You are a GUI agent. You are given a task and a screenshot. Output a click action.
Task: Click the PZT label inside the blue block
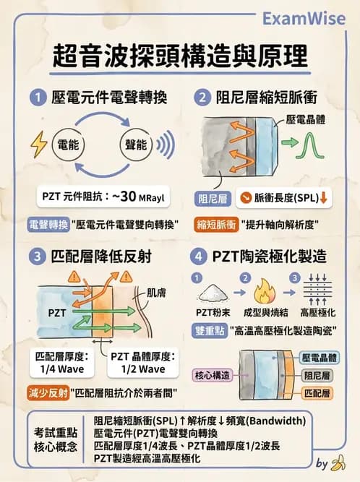tap(57, 313)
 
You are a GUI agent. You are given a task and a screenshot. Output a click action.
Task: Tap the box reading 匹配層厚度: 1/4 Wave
tap(61, 363)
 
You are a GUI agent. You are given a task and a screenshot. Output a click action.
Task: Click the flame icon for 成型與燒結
tap(261, 293)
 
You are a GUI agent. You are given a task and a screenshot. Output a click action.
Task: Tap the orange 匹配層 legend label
tap(317, 393)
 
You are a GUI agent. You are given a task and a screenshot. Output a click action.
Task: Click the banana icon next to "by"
tap(337, 462)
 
